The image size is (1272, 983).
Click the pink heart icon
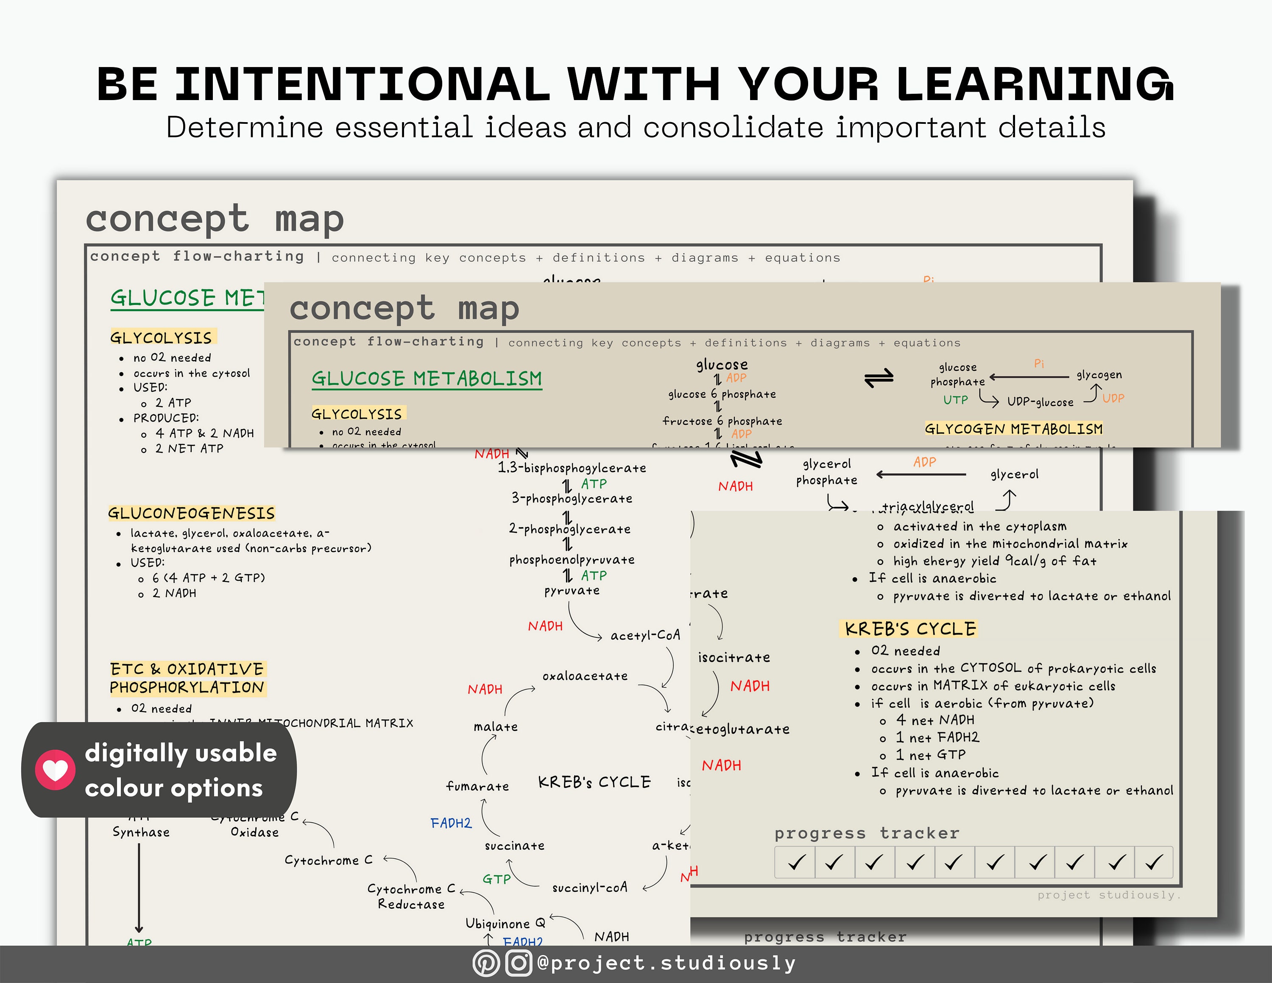(55, 769)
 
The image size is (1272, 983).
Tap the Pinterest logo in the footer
(486, 963)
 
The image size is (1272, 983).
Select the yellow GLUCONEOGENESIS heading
(191, 513)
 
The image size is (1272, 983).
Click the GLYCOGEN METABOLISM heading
(1013, 429)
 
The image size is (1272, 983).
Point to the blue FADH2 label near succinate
(451, 823)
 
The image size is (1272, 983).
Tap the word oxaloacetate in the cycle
(585, 676)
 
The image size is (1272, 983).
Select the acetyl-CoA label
(645, 635)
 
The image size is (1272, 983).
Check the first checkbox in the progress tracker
(795, 862)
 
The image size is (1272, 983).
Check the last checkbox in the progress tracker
(1153, 862)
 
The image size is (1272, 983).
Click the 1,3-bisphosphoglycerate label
(572, 468)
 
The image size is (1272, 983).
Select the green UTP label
(955, 400)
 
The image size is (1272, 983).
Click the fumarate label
(477, 787)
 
